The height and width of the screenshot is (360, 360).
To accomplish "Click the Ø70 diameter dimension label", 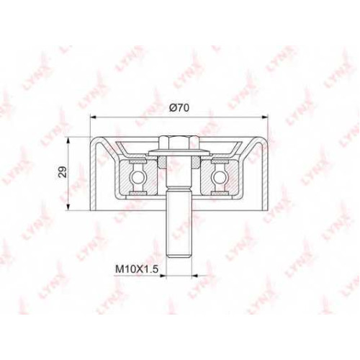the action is (179, 108).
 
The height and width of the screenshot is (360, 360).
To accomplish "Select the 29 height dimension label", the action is (63, 172).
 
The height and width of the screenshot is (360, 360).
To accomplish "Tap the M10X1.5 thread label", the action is (137, 269).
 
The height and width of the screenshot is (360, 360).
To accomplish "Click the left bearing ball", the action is (138, 177).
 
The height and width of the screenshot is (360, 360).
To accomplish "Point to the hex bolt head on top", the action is (179, 143).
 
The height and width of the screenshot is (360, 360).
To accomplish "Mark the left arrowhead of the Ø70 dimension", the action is (93, 117).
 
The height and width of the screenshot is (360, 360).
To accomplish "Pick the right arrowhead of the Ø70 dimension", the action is (264, 117).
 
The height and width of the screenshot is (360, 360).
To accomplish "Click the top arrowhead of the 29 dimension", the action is (69, 140).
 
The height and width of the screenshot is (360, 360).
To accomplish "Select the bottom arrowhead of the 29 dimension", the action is (69, 207).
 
